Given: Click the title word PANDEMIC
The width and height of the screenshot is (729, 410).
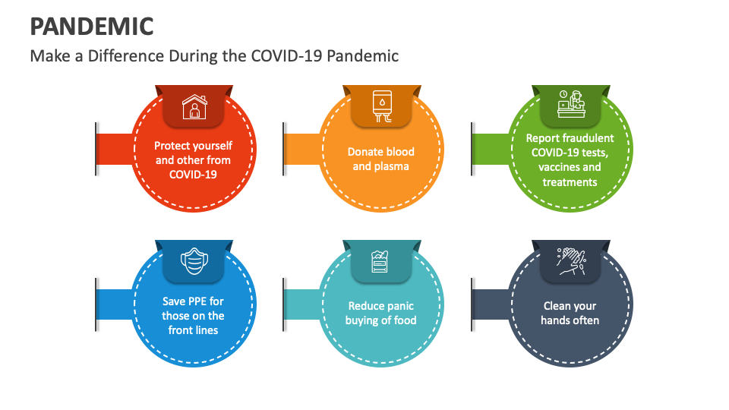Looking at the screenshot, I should click(x=92, y=26).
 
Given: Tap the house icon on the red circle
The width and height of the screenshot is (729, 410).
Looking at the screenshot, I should click(x=194, y=107).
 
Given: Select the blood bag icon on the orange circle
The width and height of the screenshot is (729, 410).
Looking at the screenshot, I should click(x=381, y=106).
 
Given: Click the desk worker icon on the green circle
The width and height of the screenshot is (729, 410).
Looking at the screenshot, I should click(x=570, y=105).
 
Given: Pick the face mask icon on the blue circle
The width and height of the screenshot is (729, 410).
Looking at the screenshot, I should click(x=194, y=262).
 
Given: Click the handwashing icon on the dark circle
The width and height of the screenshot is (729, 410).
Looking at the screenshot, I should click(x=570, y=261).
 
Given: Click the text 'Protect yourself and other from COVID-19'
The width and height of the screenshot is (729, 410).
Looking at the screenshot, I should click(x=194, y=160).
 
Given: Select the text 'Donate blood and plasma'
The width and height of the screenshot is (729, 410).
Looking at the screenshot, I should click(x=381, y=159).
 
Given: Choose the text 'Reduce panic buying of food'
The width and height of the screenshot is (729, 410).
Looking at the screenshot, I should click(x=381, y=313).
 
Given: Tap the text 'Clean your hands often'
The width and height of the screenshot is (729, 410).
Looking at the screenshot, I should click(x=570, y=313).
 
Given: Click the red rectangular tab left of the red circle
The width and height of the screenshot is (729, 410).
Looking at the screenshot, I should click(x=115, y=148).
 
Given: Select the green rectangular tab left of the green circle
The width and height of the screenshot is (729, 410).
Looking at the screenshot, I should click(x=489, y=148).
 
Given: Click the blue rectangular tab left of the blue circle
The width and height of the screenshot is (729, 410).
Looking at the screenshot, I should click(x=115, y=304).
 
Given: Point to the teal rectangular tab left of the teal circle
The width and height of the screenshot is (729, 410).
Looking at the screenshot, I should click(x=302, y=304).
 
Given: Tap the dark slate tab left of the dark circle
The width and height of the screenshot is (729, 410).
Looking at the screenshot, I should click(x=490, y=304).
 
